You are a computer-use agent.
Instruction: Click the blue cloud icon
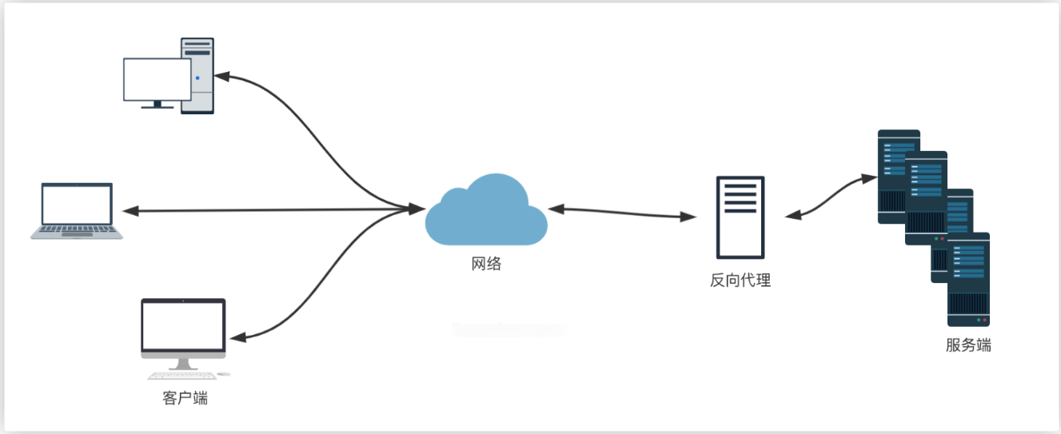pos(485,212)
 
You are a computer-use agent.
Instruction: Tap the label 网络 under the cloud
pos(485,264)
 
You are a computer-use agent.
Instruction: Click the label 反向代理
pos(740,281)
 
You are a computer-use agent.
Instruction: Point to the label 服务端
pos(968,346)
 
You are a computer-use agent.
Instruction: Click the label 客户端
pos(185,397)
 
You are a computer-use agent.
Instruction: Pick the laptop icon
pos(78,209)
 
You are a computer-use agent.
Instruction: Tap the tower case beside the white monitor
pos(197,75)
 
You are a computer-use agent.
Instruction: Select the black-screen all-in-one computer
pos(184,328)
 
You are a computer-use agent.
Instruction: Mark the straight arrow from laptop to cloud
pos(272,210)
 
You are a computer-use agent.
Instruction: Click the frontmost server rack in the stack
pos(968,280)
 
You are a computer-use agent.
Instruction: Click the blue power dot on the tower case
pos(197,78)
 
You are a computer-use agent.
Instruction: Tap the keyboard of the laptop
pos(78,231)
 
